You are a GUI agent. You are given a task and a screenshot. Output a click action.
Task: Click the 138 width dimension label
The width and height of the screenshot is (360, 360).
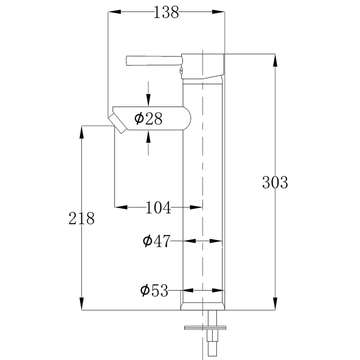tap(166, 13)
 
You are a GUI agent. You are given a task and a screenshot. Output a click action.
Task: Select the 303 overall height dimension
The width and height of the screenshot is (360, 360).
tap(275, 182)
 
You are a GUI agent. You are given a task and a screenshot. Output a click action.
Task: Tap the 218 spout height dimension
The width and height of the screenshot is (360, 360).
tap(82, 218)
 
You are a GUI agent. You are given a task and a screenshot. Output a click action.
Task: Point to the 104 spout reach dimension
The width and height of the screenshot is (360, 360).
tap(158, 208)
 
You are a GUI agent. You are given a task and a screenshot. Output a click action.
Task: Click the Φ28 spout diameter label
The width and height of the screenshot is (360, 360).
tap(148, 119)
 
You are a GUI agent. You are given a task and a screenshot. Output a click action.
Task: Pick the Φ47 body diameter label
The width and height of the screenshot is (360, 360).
tap(156, 241)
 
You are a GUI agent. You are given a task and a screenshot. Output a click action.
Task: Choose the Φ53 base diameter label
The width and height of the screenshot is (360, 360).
tap(154, 291)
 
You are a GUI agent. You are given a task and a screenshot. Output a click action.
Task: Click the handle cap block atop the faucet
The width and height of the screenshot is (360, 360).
tap(203, 66)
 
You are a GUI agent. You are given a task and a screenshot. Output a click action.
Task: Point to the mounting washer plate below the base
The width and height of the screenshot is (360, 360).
tap(205, 328)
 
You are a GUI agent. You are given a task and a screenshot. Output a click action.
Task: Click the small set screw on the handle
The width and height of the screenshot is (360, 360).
tap(181, 71)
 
